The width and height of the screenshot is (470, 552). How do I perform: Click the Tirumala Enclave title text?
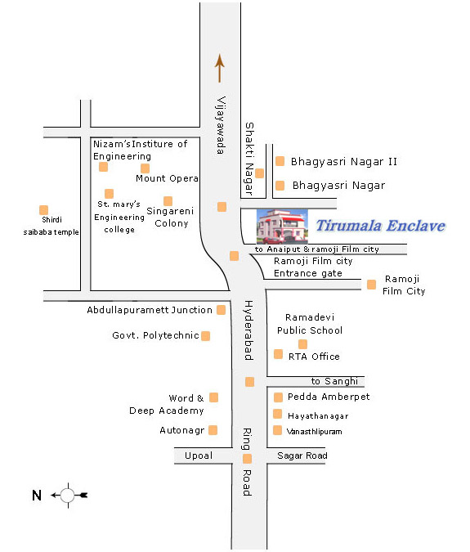click(x=381, y=226)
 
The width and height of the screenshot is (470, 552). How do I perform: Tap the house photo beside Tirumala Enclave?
click(x=282, y=227)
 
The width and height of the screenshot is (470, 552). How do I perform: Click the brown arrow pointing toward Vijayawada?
click(x=220, y=69)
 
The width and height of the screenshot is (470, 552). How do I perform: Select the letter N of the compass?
click(x=37, y=496)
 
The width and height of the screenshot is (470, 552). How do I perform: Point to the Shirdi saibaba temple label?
click(x=51, y=226)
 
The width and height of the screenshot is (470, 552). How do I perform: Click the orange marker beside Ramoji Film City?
click(x=371, y=284)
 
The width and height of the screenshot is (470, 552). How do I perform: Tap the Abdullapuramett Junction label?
click(x=150, y=310)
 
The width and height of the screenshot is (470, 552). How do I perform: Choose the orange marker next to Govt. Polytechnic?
click(x=206, y=336)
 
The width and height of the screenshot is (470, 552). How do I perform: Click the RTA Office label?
click(x=314, y=357)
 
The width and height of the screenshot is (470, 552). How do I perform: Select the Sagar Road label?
click(x=302, y=456)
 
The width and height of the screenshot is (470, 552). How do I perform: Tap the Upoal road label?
click(x=199, y=456)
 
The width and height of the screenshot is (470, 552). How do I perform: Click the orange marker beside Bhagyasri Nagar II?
click(x=280, y=161)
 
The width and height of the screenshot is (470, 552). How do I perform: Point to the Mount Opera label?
click(x=167, y=178)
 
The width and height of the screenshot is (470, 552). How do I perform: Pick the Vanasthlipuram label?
click(x=314, y=432)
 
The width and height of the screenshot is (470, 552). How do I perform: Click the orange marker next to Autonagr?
click(x=213, y=430)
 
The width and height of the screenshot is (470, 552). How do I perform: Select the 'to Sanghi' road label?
click(x=334, y=381)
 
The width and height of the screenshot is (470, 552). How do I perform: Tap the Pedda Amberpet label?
click(x=329, y=397)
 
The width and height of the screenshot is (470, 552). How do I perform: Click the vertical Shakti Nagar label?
click(x=249, y=159)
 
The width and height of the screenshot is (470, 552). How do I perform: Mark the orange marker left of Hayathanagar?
click(x=278, y=414)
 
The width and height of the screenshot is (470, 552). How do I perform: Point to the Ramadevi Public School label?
click(x=310, y=324)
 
